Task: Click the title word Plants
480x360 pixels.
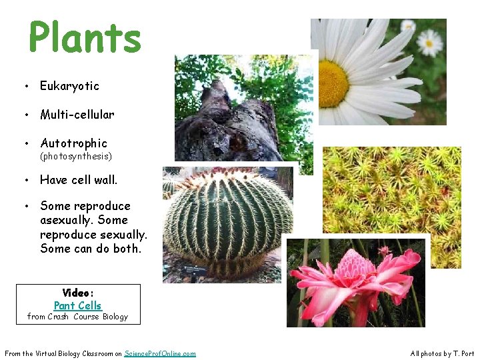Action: click(85, 38)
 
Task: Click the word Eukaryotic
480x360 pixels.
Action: click(69, 86)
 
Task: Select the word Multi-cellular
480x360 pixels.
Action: click(77, 115)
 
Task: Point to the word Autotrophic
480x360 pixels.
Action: click(73, 143)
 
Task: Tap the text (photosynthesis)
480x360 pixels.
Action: click(76, 157)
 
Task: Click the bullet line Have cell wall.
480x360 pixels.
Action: click(79, 180)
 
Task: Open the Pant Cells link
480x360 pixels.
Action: click(77, 306)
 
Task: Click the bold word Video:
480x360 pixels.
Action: click(78, 293)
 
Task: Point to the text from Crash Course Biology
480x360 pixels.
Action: click(77, 317)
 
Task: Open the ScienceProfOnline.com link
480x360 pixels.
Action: click(160, 353)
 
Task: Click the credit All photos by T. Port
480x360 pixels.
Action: click(442, 353)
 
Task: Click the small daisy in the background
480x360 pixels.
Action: click(429, 43)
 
